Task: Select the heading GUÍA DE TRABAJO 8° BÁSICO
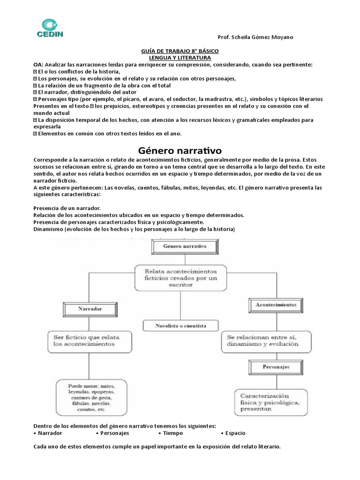pyautogui.click(x=180, y=51)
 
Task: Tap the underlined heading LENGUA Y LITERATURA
pyautogui.click(x=180, y=57)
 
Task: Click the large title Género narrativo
pyautogui.click(x=180, y=150)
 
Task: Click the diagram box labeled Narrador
pyautogui.click(x=89, y=309)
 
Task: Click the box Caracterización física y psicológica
pyautogui.click(x=270, y=402)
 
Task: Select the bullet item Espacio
pyautogui.click(x=233, y=433)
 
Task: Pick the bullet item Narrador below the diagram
pyautogui.click(x=50, y=433)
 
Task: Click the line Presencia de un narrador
pyautogui.click(x=67, y=208)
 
